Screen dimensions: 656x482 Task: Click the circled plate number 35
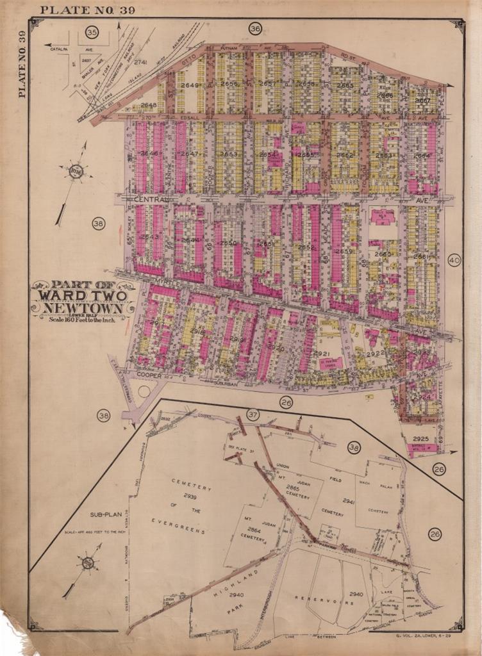coord(92,32)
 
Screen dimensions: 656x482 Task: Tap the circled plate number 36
coord(255,29)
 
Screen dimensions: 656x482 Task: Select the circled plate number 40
coord(454,261)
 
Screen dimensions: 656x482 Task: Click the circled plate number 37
coord(253,414)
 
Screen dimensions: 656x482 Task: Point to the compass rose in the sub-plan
coord(88,563)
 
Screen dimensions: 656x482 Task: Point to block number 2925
coord(420,439)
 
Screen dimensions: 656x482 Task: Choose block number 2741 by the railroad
coord(140,62)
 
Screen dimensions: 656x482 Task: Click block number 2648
coord(149,105)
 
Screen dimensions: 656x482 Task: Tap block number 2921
coord(321,354)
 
